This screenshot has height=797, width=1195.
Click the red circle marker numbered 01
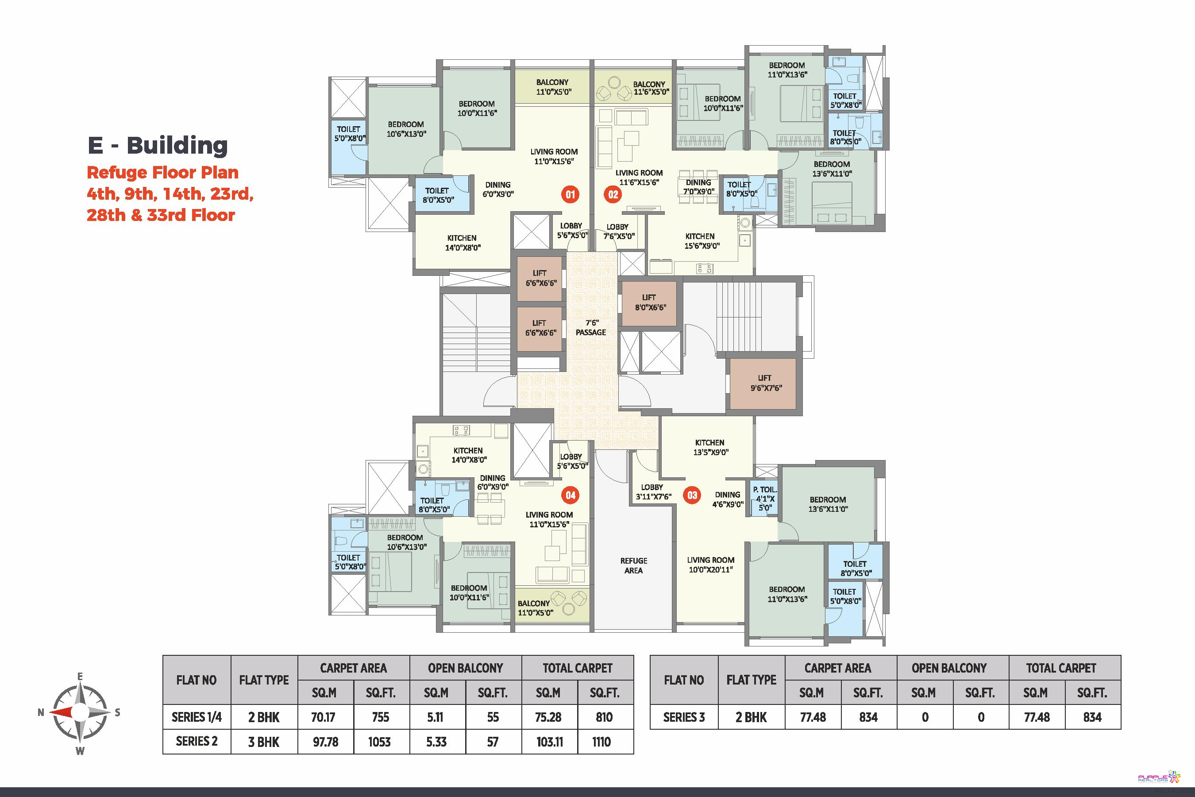click(570, 194)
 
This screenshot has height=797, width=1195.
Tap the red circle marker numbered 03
click(692, 495)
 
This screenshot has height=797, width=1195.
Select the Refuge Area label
click(634, 565)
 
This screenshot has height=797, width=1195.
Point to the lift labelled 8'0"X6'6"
click(650, 303)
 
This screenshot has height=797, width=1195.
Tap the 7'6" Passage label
click(591, 328)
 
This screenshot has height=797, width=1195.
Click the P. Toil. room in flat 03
click(765, 498)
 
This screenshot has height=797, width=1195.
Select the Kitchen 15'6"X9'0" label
click(701, 241)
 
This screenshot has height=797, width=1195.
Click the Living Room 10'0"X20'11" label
click(710, 565)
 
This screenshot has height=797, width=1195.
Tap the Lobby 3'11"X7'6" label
click(653, 491)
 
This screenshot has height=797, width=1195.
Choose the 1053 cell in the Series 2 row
click(380, 742)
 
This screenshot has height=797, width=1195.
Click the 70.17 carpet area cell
click(324, 717)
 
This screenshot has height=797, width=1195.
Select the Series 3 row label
click(683, 717)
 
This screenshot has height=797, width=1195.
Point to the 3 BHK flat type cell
click(264, 742)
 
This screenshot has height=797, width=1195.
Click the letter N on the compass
click(41, 712)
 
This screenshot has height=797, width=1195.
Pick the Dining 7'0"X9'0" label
click(698, 187)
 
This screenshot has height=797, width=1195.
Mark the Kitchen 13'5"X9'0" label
click(710, 447)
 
